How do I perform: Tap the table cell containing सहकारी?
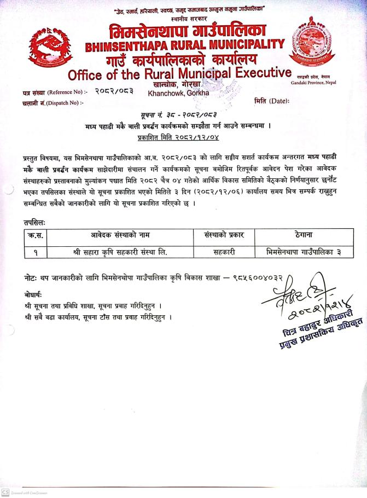click(224, 252)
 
